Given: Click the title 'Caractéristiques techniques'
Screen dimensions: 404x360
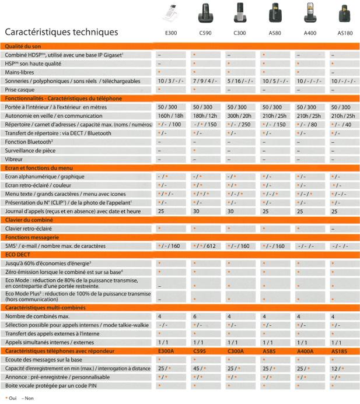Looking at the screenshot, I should click(x=61, y=31).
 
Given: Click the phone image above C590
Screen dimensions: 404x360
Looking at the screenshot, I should click(x=205, y=13).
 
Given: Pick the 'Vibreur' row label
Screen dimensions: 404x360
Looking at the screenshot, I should click(x=15, y=159).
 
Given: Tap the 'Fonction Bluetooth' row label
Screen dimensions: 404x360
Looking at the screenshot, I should click(x=29, y=142).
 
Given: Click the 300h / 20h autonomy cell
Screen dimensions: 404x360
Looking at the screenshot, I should click(x=239, y=116).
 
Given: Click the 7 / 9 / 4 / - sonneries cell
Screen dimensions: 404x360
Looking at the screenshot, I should click(x=205, y=80).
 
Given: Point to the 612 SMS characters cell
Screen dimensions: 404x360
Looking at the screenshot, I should click(x=205, y=247).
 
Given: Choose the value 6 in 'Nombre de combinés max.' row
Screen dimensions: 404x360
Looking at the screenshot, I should click(x=194, y=316).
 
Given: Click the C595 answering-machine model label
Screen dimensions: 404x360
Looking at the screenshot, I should click(x=201, y=351).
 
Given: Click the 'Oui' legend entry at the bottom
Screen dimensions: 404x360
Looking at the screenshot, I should click(x=10, y=398).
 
